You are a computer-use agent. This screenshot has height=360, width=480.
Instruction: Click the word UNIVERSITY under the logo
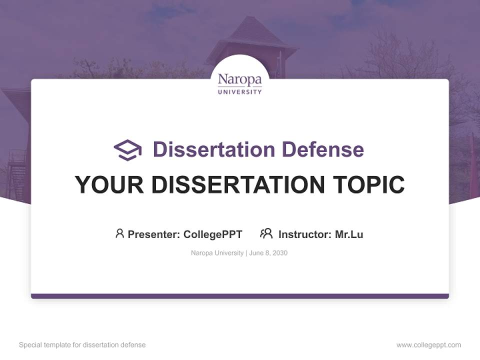point(239,92)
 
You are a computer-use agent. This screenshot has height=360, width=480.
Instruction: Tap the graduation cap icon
point(127,150)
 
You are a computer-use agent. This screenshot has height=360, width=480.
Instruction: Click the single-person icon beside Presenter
point(119,233)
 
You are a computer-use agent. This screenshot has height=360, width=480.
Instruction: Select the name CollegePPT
point(213,234)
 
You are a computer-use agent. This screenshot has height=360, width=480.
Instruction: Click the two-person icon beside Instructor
point(266,233)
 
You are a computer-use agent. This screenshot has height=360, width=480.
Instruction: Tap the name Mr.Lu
point(349,234)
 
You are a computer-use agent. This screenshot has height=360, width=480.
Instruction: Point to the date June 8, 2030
point(268,253)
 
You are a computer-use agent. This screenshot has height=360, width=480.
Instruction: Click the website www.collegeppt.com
point(428,345)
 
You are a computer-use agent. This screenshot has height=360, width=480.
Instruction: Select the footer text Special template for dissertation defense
point(82,345)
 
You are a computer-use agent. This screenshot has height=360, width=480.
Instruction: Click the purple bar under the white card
point(239,296)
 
